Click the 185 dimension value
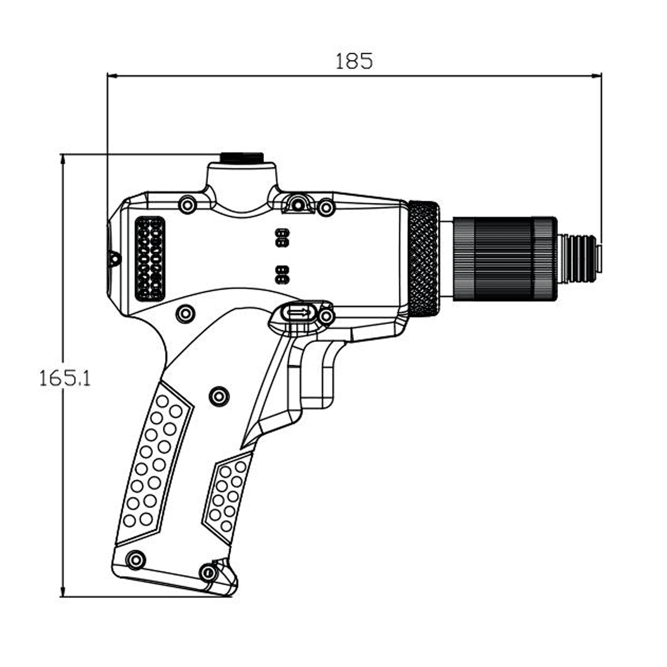(354, 61)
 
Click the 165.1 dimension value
(64, 379)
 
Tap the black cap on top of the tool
(242, 157)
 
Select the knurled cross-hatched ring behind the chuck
(424, 258)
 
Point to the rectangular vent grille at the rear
(150, 258)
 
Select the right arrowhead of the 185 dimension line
(596, 76)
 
